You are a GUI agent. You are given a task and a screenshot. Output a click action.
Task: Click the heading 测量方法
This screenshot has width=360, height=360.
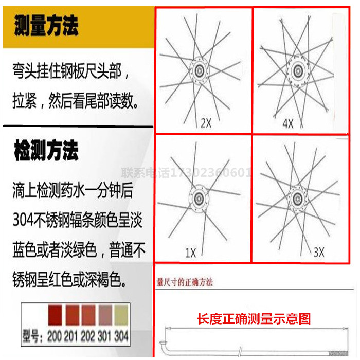(47, 25)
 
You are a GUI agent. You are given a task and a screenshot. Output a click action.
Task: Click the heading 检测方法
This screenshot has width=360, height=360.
(47, 151)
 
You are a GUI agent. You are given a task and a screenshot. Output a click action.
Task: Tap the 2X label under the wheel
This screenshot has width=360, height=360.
(206, 123)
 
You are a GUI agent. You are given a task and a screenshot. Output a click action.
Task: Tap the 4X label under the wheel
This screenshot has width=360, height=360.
(287, 123)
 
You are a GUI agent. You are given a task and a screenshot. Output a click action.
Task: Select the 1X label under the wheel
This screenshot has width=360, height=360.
(191, 253)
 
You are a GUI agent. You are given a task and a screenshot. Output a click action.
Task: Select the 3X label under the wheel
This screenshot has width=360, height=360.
(319, 252)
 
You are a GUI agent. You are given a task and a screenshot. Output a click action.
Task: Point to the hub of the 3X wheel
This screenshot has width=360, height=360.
(296, 197)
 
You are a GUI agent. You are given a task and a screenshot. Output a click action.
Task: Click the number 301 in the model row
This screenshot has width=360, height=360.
(105, 337)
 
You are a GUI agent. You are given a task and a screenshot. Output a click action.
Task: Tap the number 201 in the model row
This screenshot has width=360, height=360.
(71, 337)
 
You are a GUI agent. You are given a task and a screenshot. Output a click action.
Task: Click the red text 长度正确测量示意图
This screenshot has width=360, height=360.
(254, 319)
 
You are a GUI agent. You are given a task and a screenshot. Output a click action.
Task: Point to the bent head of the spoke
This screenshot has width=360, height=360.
(163, 345)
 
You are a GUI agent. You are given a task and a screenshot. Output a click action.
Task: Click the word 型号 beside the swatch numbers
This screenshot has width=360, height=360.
(33, 337)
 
